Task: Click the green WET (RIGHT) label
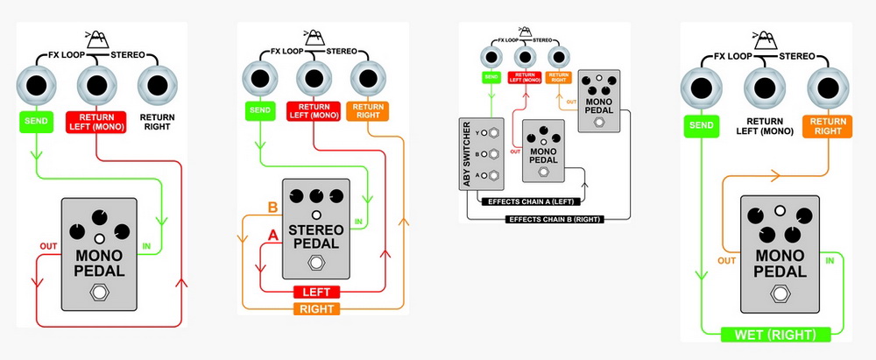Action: [x=776, y=335]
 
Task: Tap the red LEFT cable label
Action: [x=317, y=292]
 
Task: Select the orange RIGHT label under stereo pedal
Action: [x=317, y=308]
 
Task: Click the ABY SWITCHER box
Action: [x=481, y=154]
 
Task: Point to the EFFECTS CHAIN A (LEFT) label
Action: [x=528, y=201]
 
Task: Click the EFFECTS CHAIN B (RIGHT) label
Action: [x=555, y=219]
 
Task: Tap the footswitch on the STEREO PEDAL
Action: [x=316, y=264]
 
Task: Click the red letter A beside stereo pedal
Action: [x=272, y=236]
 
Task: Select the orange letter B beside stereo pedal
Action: [x=272, y=208]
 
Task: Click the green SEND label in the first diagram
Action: [x=36, y=121]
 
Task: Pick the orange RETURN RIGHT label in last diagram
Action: [x=828, y=126]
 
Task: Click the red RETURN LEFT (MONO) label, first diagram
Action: [x=96, y=122]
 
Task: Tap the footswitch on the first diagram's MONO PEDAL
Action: [x=99, y=293]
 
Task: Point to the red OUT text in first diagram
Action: [x=48, y=246]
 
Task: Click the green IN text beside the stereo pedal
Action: [x=358, y=222]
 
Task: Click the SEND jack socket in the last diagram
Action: [x=701, y=88]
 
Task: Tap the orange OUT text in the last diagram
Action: [x=727, y=260]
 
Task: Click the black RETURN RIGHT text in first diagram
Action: [x=157, y=122]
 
